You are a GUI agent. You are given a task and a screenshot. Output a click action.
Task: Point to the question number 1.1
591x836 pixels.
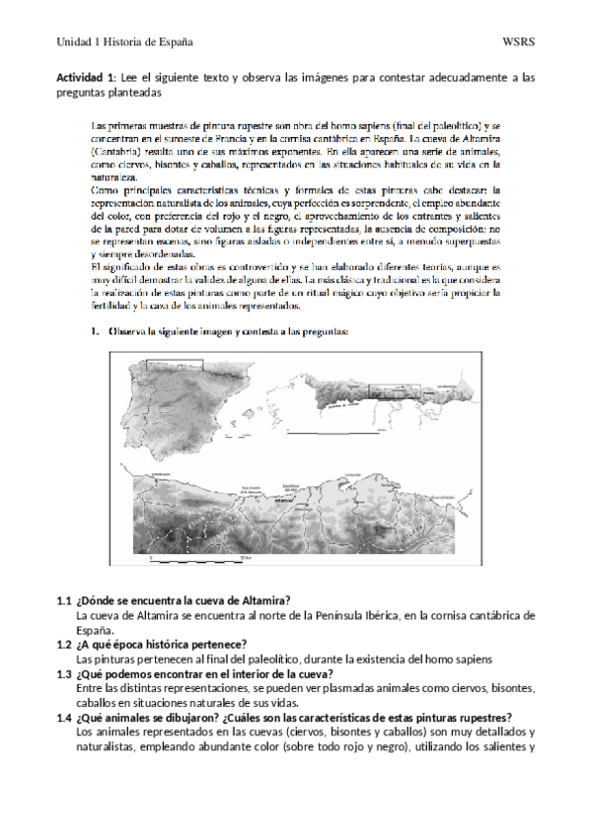click(x=64, y=600)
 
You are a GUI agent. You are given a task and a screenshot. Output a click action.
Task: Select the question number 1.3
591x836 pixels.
click(x=64, y=673)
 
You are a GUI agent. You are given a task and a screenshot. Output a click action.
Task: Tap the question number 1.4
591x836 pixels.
click(x=64, y=718)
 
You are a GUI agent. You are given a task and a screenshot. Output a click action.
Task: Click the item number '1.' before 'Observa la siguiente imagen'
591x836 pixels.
click(x=97, y=331)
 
